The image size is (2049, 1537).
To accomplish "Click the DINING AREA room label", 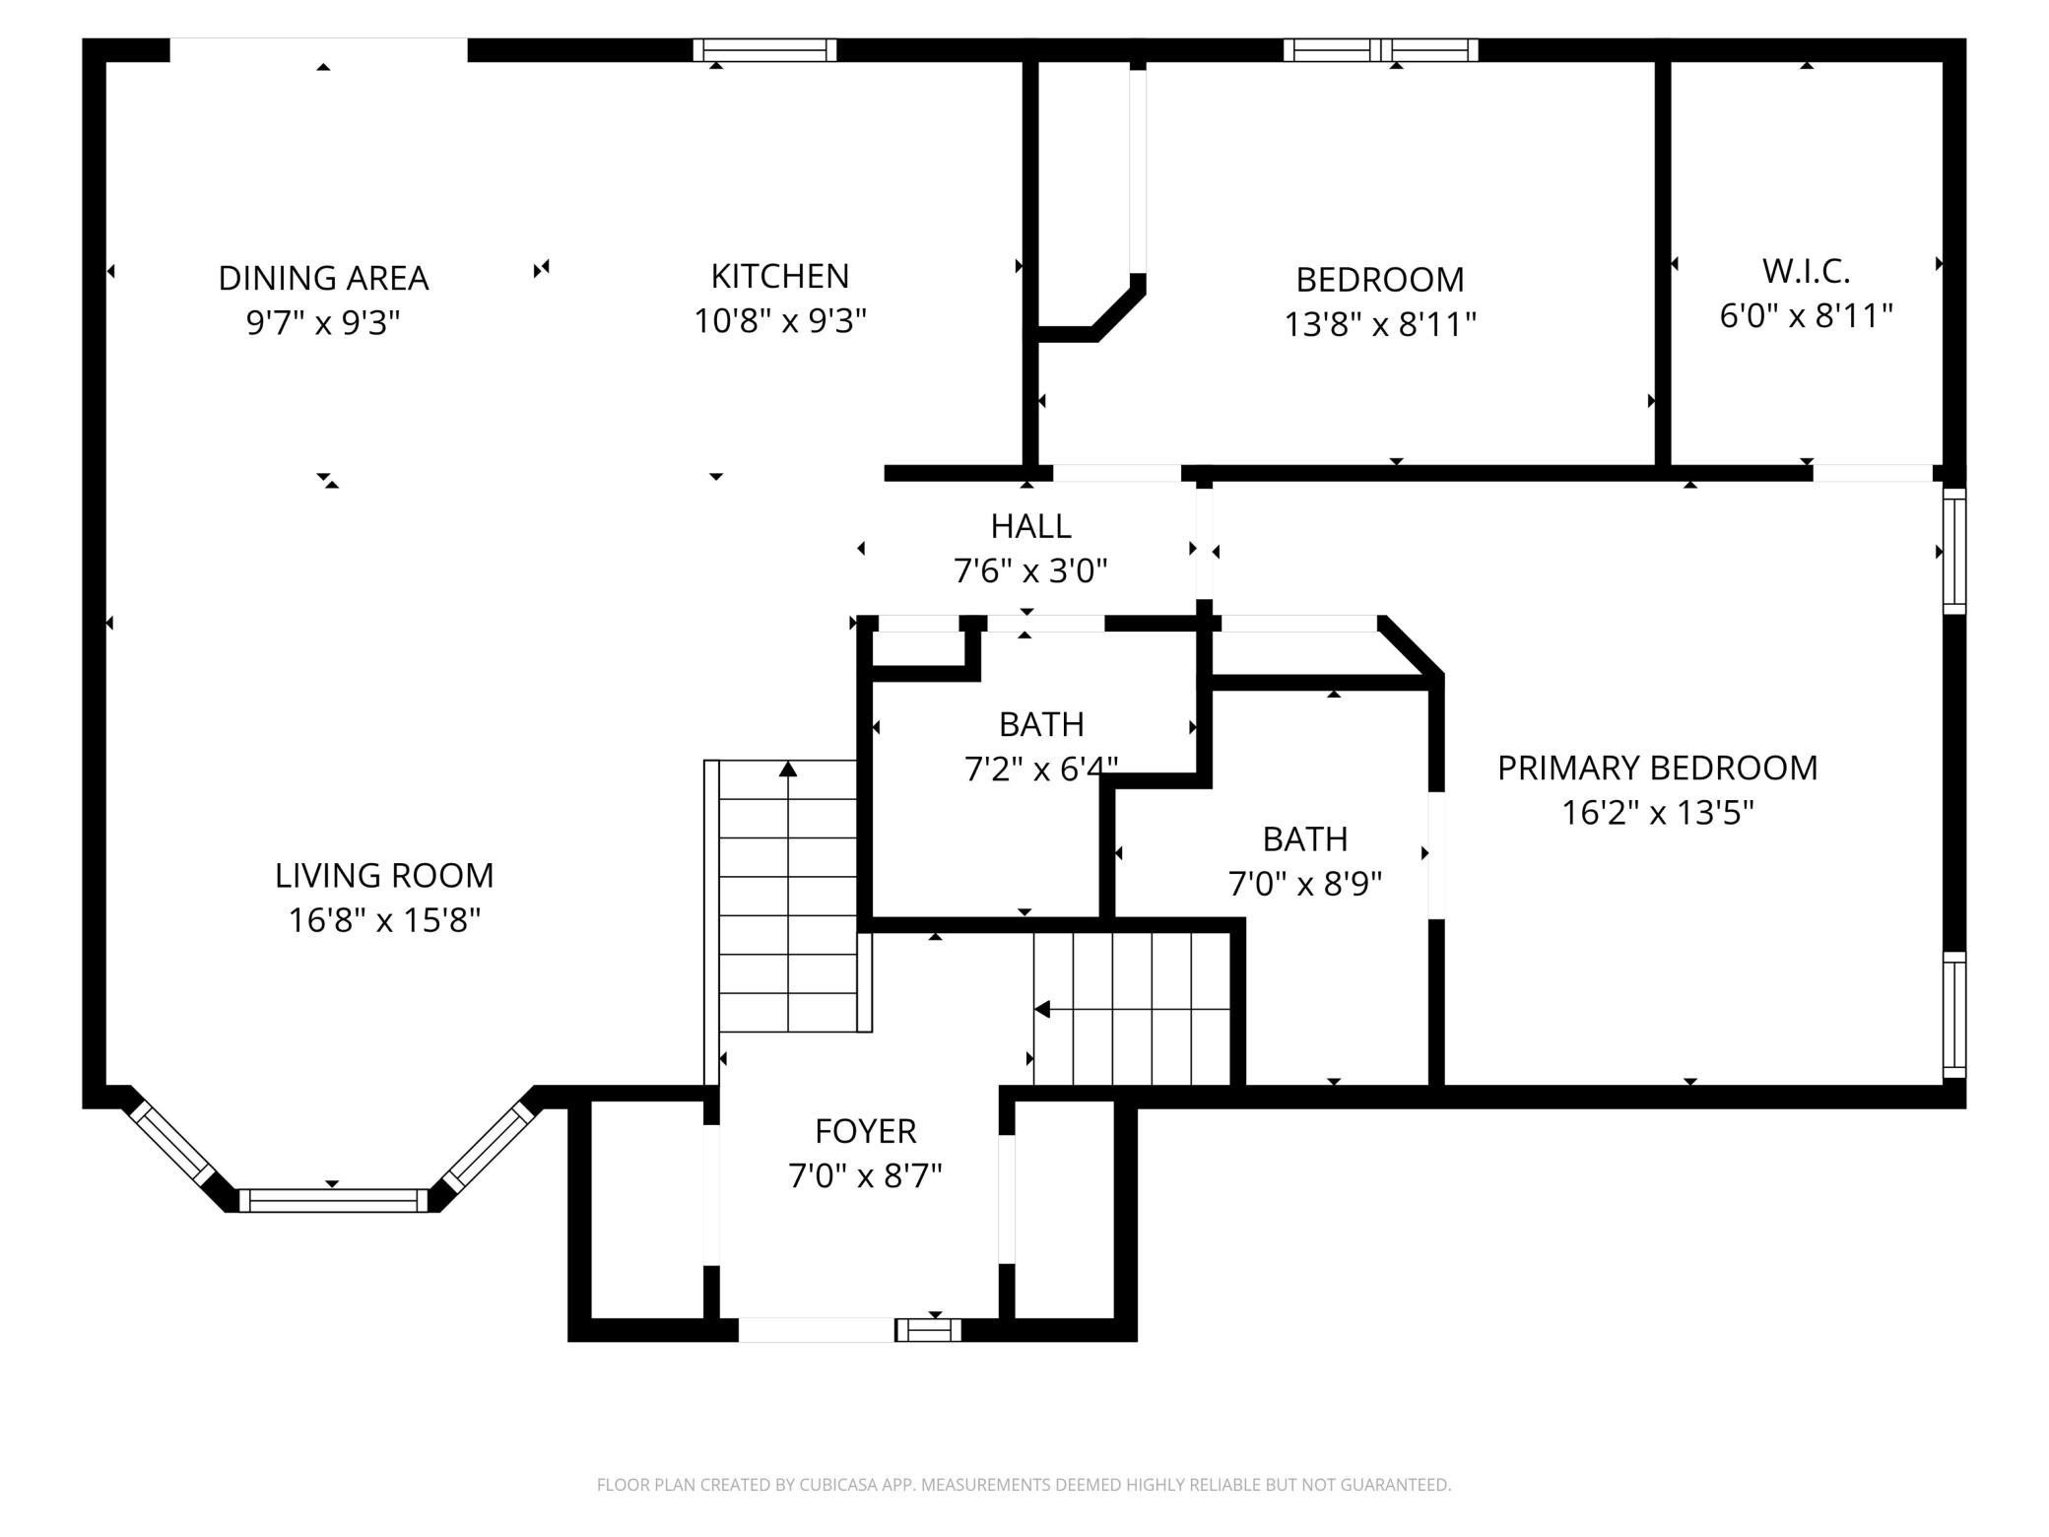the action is (x=323, y=278).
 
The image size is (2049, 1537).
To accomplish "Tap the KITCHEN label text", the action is (x=780, y=276).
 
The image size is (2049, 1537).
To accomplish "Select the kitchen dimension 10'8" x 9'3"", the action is (x=780, y=321).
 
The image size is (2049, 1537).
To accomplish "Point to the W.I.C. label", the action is (x=1806, y=270).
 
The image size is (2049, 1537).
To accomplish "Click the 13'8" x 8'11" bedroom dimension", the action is (x=1380, y=324).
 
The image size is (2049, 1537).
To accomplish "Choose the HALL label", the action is (x=1030, y=526).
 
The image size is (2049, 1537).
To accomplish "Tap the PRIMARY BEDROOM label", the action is (x=1657, y=768).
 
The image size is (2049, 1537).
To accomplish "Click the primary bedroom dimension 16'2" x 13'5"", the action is (x=1657, y=813).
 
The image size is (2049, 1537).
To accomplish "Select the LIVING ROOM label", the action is (x=384, y=875).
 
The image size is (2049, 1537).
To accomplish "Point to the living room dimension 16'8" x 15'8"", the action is (x=384, y=920).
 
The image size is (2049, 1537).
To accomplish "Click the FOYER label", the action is (x=866, y=1131).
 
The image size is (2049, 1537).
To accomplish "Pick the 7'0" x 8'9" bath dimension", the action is (x=1305, y=884).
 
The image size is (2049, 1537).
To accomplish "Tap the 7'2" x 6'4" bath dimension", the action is (x=1041, y=768).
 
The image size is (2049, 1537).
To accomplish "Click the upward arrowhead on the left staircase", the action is (x=788, y=768).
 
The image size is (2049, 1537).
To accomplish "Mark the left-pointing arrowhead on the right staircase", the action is (x=1041, y=1010).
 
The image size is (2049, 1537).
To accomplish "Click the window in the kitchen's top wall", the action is (x=764, y=50).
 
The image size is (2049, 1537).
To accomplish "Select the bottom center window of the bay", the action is (x=333, y=1200).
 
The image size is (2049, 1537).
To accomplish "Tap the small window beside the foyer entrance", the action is (x=928, y=1330).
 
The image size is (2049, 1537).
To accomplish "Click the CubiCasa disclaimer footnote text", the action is (x=1024, y=1484).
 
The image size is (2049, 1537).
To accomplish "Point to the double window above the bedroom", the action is (x=1381, y=50).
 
